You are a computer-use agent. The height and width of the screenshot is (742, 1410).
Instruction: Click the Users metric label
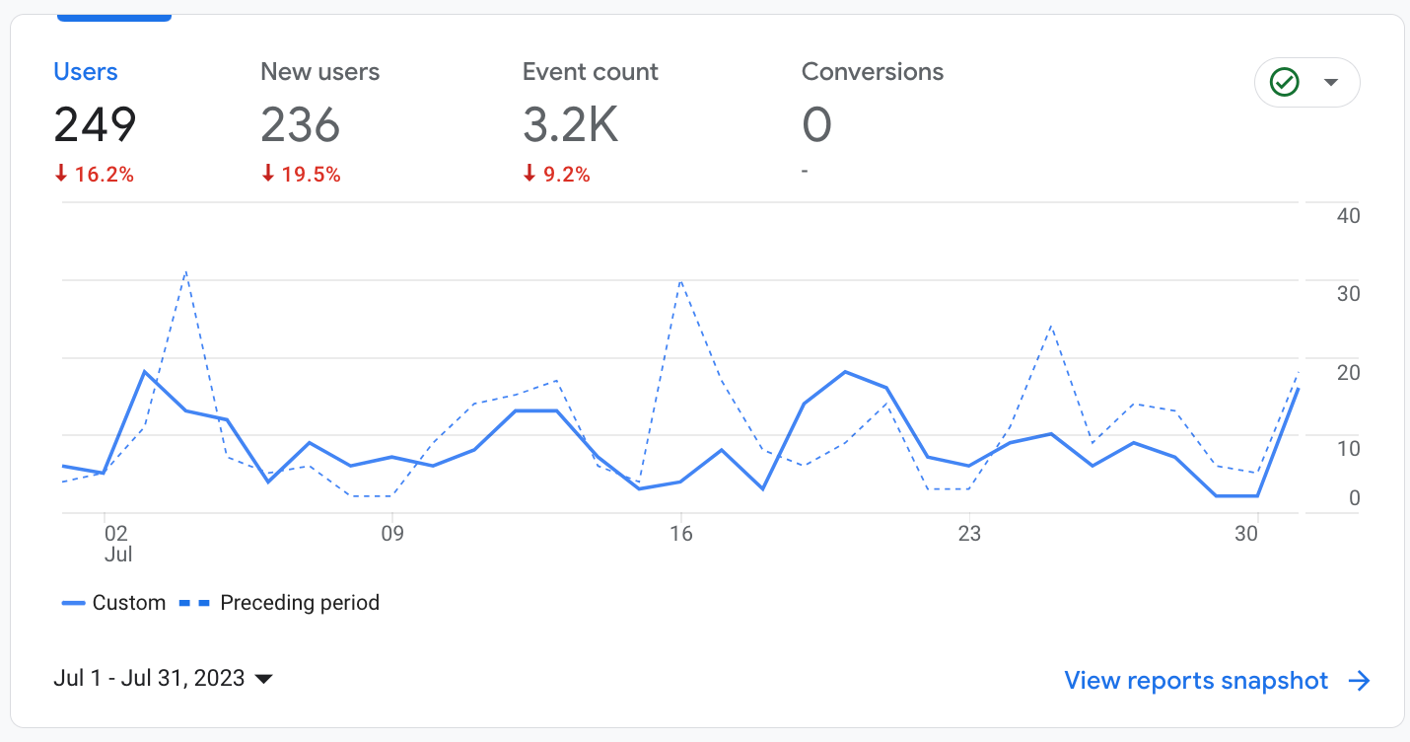coord(86,72)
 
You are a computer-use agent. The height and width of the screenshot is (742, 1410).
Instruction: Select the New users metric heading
coord(319,72)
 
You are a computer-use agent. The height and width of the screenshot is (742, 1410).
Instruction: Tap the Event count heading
coord(590,72)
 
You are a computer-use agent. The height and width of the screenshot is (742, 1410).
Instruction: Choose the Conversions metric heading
coord(872,72)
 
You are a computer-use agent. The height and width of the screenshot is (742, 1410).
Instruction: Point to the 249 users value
coord(95,125)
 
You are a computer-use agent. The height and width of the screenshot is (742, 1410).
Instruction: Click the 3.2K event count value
coord(570,125)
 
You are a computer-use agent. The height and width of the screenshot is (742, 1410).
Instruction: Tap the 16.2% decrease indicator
coord(95,175)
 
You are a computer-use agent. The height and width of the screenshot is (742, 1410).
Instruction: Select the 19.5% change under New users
coord(302,175)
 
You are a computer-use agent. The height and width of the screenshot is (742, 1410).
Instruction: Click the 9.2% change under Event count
coord(557,175)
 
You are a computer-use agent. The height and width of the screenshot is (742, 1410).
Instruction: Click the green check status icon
coord(1285,82)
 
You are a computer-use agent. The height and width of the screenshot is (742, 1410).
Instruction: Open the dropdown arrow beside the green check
coord(1331,82)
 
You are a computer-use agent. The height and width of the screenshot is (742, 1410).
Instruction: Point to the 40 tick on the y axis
coord(1348,215)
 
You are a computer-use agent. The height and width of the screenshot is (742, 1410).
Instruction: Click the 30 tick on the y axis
coord(1348,294)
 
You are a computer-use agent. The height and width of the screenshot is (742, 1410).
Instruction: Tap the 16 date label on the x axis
coord(680,534)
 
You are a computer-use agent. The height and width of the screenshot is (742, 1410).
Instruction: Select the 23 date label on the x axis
coord(969,534)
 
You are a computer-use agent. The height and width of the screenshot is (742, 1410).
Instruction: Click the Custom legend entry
coord(114,603)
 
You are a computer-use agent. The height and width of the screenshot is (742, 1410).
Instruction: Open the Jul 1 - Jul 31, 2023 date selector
coord(163,679)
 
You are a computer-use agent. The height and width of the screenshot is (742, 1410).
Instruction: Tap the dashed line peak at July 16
coord(680,281)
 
